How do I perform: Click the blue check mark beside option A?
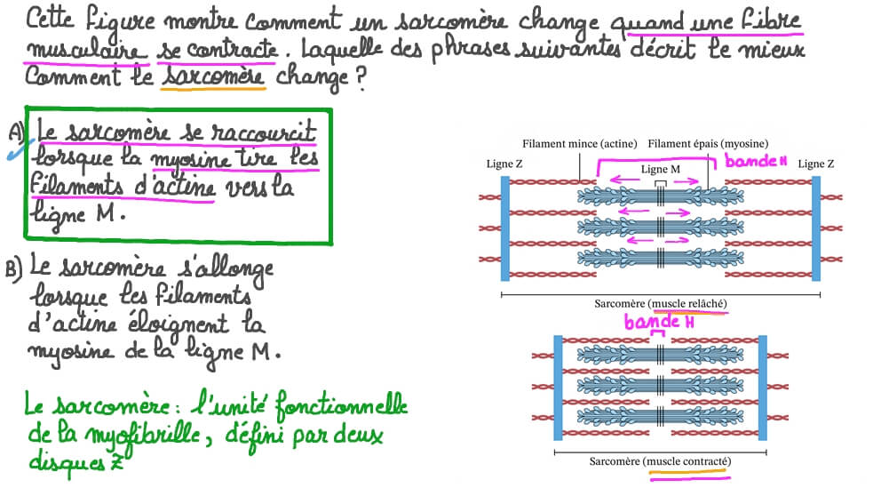(x=15, y=149)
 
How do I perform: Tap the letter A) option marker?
(x=16, y=132)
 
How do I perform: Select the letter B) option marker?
(x=15, y=270)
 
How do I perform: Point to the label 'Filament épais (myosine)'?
(x=708, y=143)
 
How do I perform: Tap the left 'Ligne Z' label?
(x=504, y=164)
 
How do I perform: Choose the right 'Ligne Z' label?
(x=815, y=164)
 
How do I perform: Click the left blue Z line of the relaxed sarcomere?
(x=505, y=228)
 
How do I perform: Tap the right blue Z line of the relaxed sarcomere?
(x=815, y=228)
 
